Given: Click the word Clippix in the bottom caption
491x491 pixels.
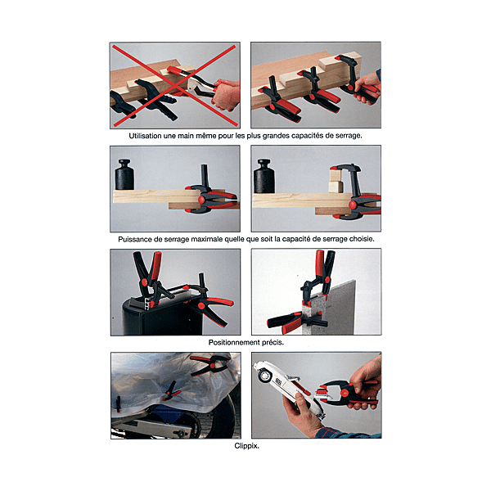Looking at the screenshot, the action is coord(245,446).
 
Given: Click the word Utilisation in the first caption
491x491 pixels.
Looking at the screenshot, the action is coord(145,136).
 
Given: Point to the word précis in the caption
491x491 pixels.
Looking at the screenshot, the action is coord(273,343).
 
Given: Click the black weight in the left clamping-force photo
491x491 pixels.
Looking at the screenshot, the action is coord(124,175).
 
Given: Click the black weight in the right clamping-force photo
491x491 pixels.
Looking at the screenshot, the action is coord(264,176).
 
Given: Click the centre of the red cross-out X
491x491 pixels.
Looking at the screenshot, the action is coord(174,86).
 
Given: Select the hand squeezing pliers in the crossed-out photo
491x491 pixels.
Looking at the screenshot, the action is coord(226,94).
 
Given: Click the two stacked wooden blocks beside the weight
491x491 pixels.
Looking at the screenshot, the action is coord(336,179).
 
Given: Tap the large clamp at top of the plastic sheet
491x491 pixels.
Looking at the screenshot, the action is coord(210,364).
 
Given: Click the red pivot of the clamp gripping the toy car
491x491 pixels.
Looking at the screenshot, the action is coord(345,393).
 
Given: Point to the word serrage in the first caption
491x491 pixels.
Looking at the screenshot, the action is coord(349,136).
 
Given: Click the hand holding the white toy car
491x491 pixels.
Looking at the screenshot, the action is coord(304,414).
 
